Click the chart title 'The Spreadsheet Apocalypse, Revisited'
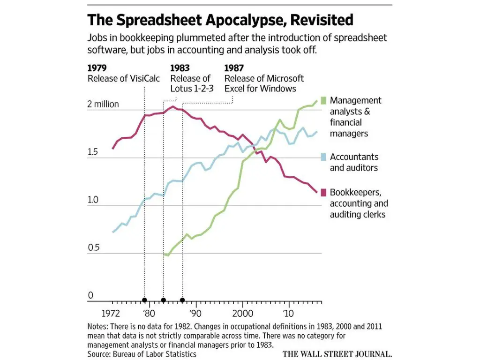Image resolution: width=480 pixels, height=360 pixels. click(x=220, y=20)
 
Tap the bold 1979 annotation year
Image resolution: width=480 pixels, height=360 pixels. click(x=97, y=68)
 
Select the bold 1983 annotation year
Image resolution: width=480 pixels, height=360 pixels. click(x=180, y=68)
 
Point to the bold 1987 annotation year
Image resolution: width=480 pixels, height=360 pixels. click(x=234, y=68)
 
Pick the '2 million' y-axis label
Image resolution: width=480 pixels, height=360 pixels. click(x=103, y=104)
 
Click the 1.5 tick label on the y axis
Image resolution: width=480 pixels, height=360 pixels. click(x=92, y=152)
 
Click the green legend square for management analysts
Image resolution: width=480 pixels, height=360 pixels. click(x=323, y=100)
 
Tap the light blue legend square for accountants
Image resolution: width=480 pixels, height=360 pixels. click(x=323, y=157)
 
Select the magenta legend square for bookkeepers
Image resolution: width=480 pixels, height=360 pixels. click(x=323, y=192)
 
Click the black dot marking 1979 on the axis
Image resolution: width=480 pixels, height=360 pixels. click(x=144, y=300)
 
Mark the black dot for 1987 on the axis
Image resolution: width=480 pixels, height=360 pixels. click(x=182, y=300)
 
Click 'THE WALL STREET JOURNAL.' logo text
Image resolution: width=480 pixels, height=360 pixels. click(x=337, y=354)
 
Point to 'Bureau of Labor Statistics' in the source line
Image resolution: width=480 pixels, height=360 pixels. click(x=155, y=354)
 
